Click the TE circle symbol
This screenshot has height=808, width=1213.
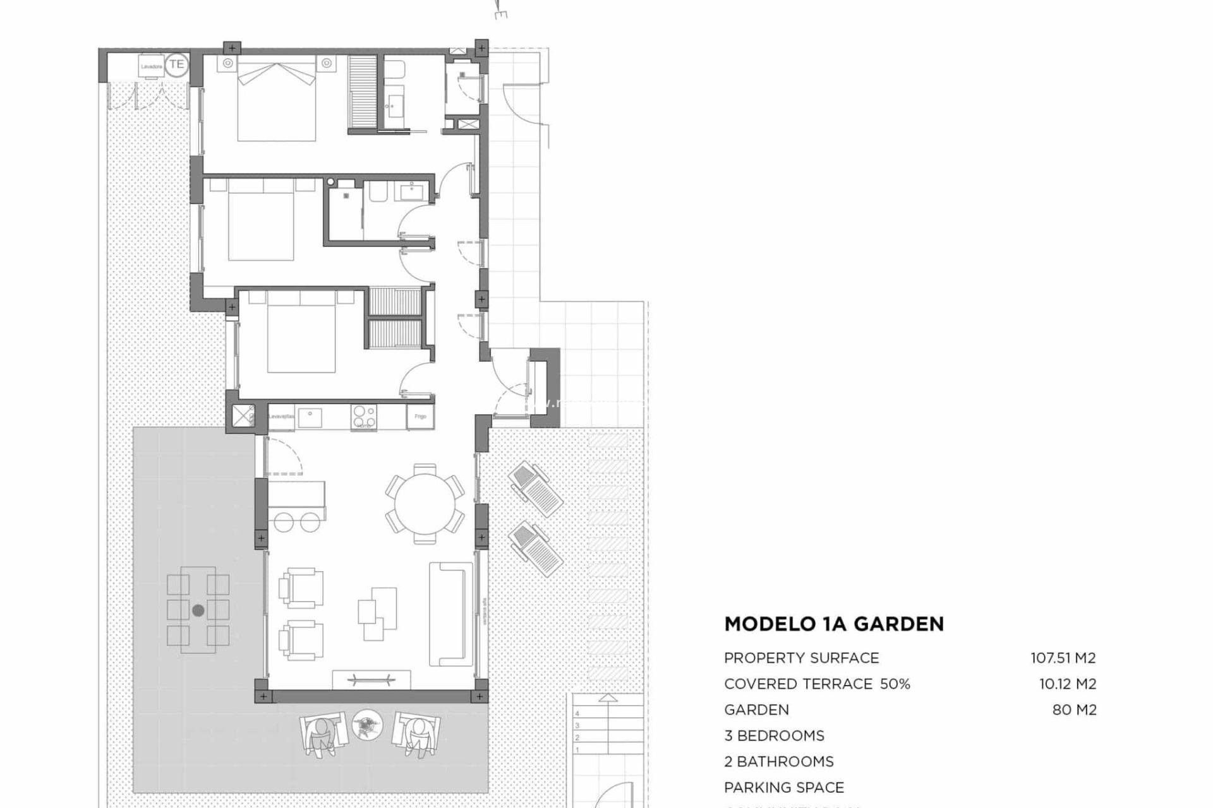[177, 64]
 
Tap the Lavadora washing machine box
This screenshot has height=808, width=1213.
[152, 66]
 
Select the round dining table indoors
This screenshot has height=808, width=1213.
[425, 504]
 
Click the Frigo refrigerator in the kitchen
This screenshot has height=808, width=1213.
[420, 417]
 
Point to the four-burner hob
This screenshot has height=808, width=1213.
[364, 416]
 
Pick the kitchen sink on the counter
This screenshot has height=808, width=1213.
[310, 417]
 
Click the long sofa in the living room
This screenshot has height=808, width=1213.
[450, 614]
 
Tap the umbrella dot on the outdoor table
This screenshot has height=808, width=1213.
[198, 610]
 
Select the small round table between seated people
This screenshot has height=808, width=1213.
[366, 725]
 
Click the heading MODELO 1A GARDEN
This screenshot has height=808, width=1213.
[834, 624]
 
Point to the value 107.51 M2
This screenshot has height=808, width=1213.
[1063, 658]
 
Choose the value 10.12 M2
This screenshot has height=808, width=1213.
[1068, 684]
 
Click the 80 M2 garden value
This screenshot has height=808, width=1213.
[1075, 710]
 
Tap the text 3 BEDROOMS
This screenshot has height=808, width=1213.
[774, 735]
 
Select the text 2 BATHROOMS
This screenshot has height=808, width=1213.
[779, 761]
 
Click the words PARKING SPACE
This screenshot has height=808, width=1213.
[784, 787]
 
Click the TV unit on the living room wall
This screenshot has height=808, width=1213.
[371, 680]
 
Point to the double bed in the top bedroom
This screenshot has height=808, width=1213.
[276, 101]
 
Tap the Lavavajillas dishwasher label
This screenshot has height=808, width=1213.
[281, 417]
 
